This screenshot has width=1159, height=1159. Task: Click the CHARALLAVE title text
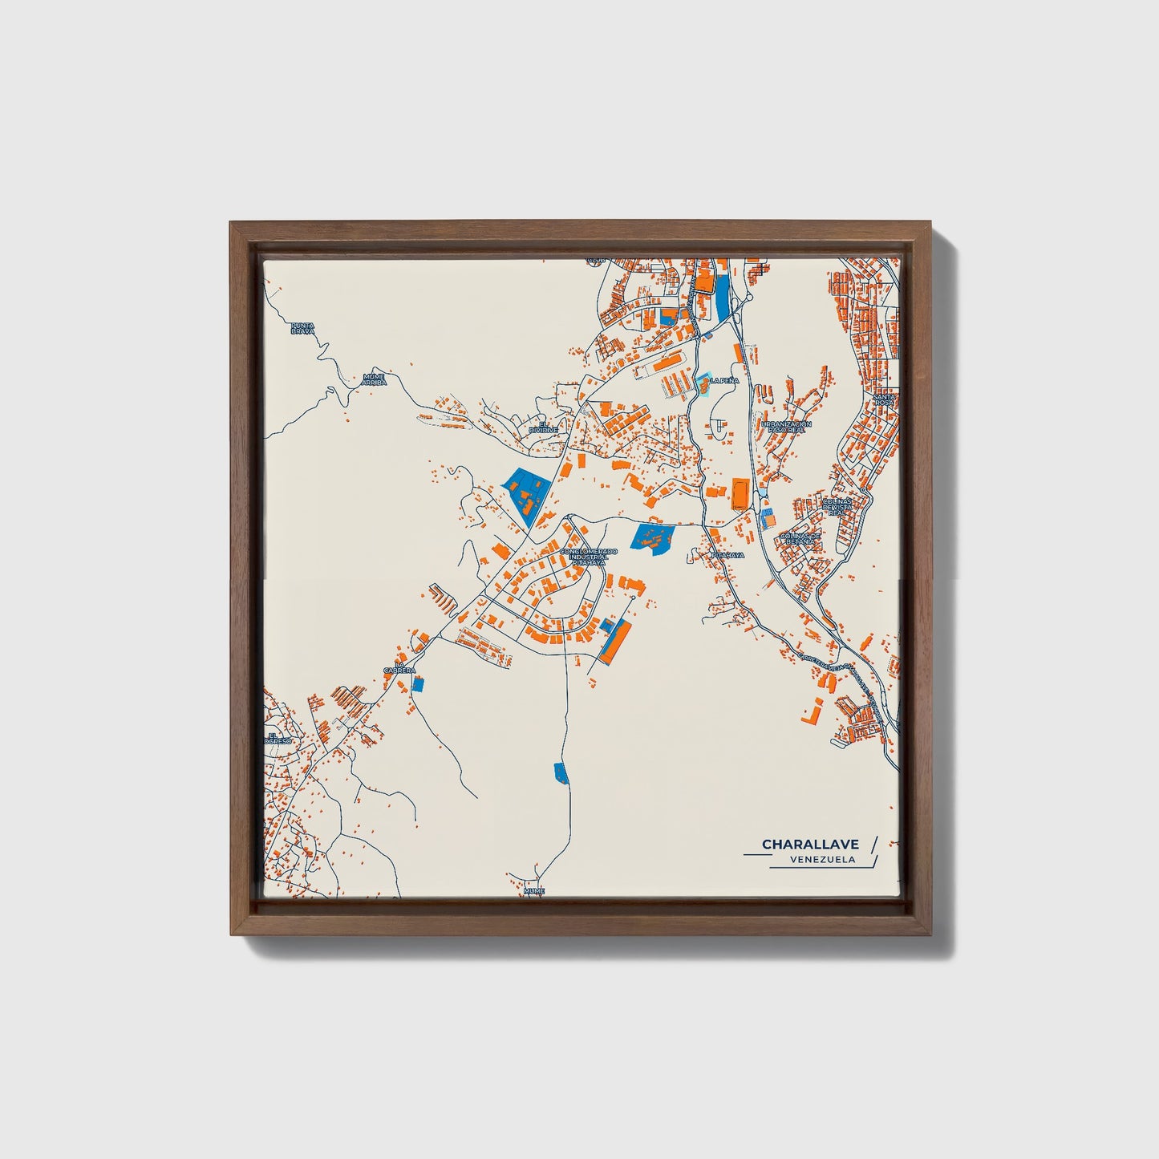pyautogui.click(x=810, y=844)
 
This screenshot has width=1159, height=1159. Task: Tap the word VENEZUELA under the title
pyautogui.click(x=821, y=860)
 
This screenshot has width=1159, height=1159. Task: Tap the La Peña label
pyautogui.click(x=723, y=381)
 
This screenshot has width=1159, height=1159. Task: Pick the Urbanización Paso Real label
pyautogui.click(x=787, y=426)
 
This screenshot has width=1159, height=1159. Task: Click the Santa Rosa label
pyautogui.click(x=885, y=399)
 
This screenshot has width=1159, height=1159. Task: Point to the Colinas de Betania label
pyautogui.click(x=800, y=538)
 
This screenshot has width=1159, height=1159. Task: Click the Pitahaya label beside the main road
pyautogui.click(x=727, y=554)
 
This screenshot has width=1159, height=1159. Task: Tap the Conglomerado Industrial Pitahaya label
pyautogui.click(x=589, y=557)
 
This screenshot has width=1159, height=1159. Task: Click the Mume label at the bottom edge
pyautogui.click(x=533, y=890)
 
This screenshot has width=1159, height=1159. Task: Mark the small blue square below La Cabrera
pyautogui.click(x=417, y=683)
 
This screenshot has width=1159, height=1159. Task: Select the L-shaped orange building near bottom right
pyautogui.click(x=812, y=711)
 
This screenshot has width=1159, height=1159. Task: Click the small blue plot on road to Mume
pyautogui.click(x=561, y=772)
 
